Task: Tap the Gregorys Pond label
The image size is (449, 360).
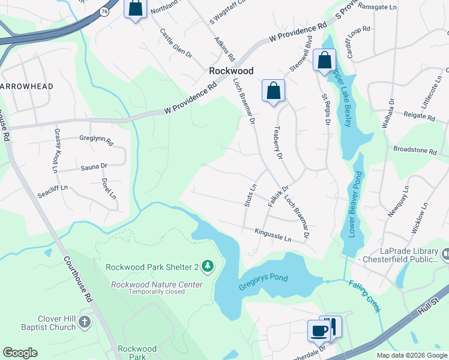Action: [264, 278]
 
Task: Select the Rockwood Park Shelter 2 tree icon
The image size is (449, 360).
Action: [208, 265]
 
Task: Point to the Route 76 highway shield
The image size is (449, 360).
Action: [104, 11]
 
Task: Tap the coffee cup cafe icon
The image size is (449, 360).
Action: [318, 329]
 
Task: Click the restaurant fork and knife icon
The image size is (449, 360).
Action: [332, 326]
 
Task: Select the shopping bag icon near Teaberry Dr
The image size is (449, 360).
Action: [273, 91]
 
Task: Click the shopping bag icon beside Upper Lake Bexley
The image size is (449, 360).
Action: [324, 61]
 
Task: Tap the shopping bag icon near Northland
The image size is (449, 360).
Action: [135, 8]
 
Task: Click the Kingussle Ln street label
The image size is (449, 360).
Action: [273, 235]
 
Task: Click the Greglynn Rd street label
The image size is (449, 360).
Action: [96, 140]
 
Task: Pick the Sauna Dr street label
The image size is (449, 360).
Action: [94, 166]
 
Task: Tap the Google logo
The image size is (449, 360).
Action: [20, 353]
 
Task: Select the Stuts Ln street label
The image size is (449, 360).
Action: [250, 196]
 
